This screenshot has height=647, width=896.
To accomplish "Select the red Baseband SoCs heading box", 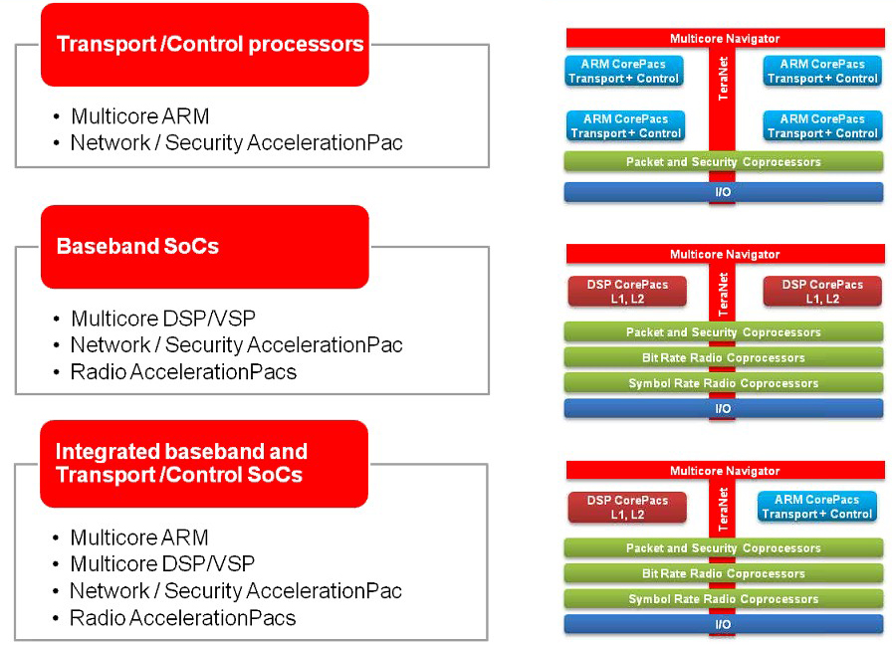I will pos(204,246).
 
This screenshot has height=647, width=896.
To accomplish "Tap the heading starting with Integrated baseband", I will pos(204,463).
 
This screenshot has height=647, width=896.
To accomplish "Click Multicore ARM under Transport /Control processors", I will pos(139,116).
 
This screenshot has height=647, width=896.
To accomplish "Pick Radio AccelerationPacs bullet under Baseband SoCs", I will pos(183,372).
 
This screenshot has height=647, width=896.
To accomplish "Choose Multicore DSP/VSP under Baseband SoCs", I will pos(162,320).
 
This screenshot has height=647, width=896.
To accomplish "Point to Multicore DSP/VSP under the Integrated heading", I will pos(162,563).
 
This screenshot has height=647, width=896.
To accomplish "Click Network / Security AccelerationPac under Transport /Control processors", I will pos(236,142).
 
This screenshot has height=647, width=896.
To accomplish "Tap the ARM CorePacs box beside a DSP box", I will pos(817,507).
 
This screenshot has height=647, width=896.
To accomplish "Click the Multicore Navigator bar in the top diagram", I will pos(725,38).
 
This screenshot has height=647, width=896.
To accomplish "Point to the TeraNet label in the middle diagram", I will pos(724,290).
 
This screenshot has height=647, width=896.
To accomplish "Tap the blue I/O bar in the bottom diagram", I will pos(723,624).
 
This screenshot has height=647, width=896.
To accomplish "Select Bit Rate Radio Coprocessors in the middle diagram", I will pos(723,357).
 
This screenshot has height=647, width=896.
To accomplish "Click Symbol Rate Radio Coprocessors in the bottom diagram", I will pos(723,599).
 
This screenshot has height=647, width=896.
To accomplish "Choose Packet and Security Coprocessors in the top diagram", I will pos(723,161).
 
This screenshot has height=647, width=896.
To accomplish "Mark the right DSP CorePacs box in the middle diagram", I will pos(822,291).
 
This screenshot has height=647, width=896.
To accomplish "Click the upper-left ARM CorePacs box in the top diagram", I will pos(624,71).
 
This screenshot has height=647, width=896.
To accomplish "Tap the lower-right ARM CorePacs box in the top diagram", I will pos(822,125).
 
